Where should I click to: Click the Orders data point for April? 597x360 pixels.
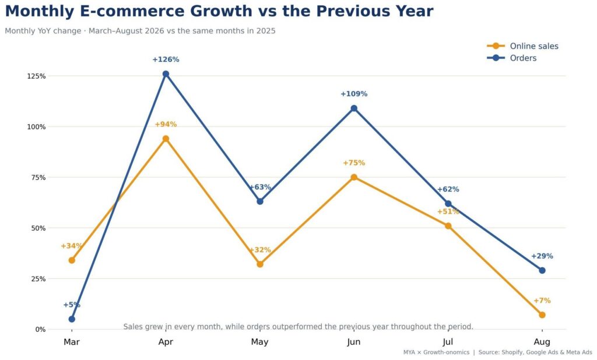[166, 74]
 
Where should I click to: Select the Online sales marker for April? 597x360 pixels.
[166, 139]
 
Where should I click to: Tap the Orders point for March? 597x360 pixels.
[72, 319]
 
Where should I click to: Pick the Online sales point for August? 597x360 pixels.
[542, 314]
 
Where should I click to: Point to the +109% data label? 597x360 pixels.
[354, 94]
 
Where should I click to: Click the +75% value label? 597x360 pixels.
[354, 163]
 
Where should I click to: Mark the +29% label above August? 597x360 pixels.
[542, 256]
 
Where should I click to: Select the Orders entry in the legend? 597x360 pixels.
[512, 58]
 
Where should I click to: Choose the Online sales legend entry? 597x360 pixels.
[523, 46]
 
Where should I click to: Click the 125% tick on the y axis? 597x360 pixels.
[36, 76]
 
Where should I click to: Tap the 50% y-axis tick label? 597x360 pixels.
[38, 228]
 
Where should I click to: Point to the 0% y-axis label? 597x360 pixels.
[40, 330]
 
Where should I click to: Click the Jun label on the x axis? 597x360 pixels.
[354, 342]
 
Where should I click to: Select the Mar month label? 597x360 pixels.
[72, 342]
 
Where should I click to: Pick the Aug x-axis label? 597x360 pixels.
[542, 342]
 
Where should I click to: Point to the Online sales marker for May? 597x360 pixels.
[259, 264]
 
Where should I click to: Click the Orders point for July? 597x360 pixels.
[448, 204]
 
